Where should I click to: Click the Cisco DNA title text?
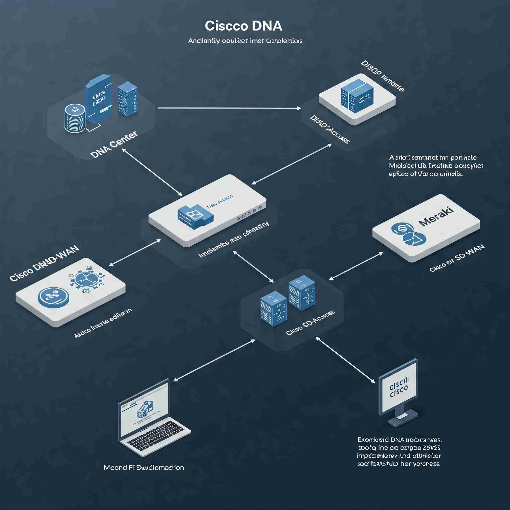tap(243, 26)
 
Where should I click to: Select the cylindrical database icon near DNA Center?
tap(75, 118)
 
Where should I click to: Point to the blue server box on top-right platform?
tap(357, 94)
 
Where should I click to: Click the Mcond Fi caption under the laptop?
tap(144, 468)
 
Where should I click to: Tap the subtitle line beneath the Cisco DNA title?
tap(245, 41)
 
